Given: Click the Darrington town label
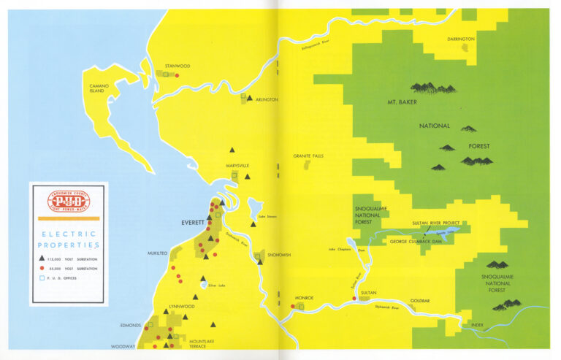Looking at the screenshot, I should (461, 39).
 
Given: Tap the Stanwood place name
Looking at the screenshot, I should (178, 66).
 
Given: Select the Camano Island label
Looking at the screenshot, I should (99, 88).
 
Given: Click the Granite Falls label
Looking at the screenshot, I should (308, 156).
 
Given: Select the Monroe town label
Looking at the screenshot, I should (304, 299).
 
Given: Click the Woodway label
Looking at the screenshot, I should (123, 347).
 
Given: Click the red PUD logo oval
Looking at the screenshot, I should (69, 200).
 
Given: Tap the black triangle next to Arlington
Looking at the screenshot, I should (250, 98).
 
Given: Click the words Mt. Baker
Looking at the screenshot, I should (404, 102).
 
